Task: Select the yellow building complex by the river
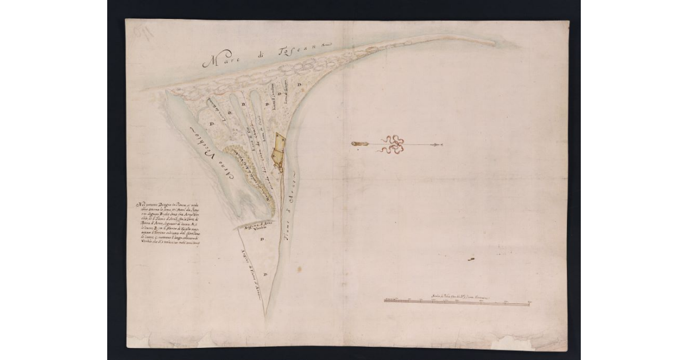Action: tap(279, 151)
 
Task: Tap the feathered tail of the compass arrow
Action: tap(359, 143)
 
